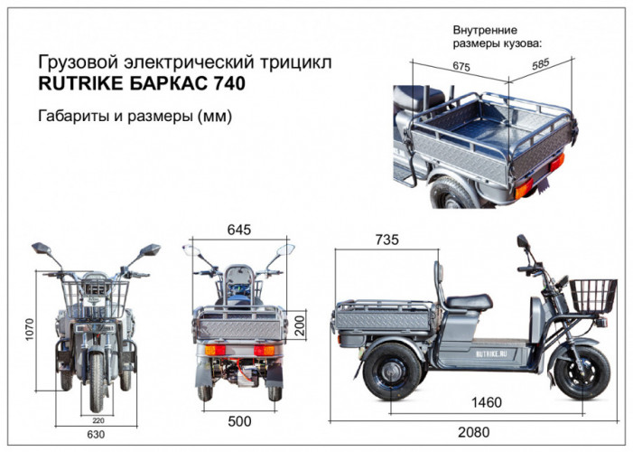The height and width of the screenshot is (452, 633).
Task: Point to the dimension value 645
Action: click(238, 231)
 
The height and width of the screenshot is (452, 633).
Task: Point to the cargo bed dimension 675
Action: click(461, 66)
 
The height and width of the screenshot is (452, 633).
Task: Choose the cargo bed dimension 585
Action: click(541, 63)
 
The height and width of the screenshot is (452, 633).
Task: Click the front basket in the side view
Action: click(592, 296)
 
